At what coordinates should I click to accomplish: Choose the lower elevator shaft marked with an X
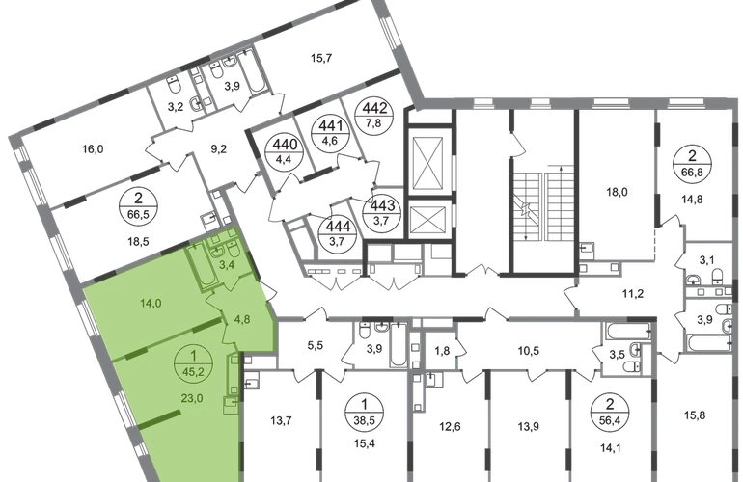pyautogui.click(x=426, y=220)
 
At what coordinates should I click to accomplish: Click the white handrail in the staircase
pyautogui.click(x=543, y=204)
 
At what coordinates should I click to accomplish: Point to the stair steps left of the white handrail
pyautogui.click(x=527, y=204)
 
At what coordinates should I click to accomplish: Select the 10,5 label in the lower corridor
pyautogui.click(x=527, y=353)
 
